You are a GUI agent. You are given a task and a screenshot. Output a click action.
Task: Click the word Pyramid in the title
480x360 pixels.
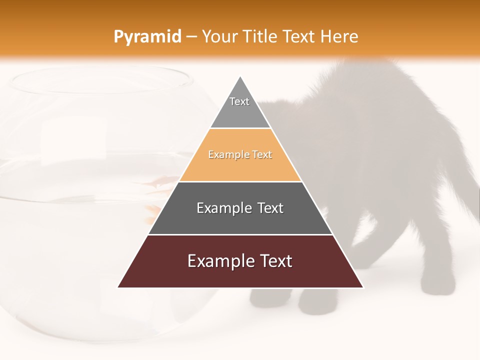tap(147, 37)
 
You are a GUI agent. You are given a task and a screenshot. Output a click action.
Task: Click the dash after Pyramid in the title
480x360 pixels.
tap(191, 37)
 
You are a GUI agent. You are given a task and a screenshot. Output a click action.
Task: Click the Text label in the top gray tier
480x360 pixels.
tap(239, 101)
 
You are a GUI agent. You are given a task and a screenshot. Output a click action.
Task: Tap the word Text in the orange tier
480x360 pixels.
tap(262, 154)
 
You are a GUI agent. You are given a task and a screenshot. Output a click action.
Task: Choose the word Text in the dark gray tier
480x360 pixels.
tap(270, 208)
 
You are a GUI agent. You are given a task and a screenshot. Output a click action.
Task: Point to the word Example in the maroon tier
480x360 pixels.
tap(218, 261)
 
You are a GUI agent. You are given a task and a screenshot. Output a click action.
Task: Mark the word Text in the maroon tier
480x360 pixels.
tap(275, 261)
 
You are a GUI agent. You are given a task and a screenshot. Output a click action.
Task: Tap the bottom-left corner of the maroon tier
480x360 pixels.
tap(118, 287)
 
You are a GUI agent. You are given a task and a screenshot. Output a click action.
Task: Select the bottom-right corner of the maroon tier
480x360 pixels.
tap(362, 287)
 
